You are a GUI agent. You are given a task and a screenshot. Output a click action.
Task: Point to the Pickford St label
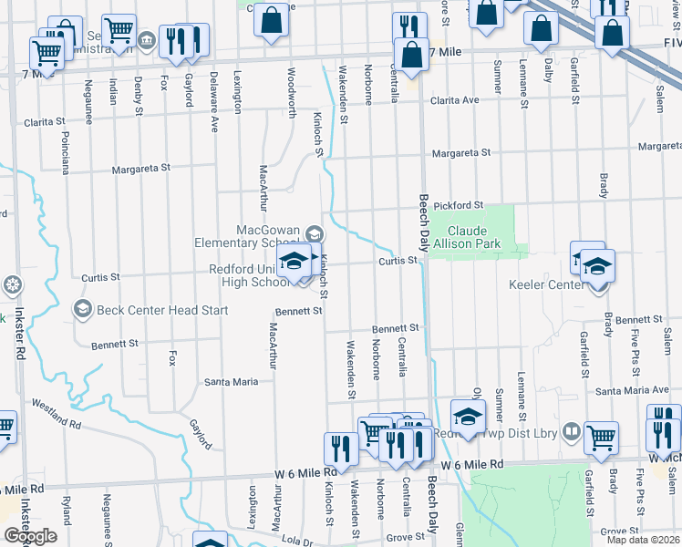[458, 206]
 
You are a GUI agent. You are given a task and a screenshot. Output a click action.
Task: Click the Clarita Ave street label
[455, 100]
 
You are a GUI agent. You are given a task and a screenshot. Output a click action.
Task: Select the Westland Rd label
[57, 412]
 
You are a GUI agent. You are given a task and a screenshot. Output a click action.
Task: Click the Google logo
[30, 536]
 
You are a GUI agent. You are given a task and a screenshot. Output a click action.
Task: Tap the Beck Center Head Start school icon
[82, 309]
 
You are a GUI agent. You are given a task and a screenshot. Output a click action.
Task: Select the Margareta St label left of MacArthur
[141, 169]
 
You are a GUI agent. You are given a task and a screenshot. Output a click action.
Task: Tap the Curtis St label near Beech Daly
[398, 261]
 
